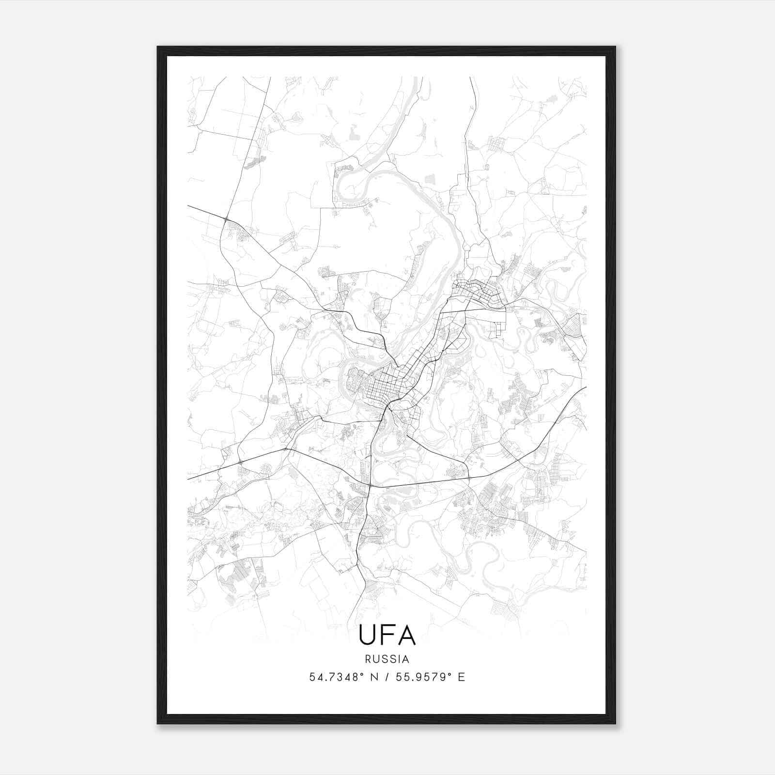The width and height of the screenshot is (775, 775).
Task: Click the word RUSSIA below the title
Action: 387,659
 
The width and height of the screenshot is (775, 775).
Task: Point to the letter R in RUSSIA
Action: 369,659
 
